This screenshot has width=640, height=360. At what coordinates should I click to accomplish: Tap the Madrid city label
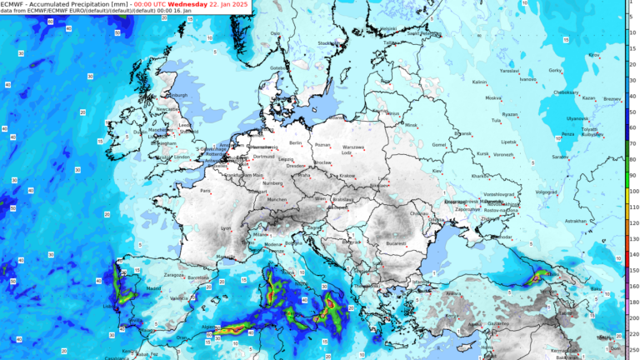click(x=130, y=288)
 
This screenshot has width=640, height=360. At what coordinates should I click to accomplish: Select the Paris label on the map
click(x=205, y=191)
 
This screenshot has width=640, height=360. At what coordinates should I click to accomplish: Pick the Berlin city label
click(x=294, y=143)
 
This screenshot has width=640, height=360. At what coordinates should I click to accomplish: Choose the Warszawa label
click(x=354, y=147)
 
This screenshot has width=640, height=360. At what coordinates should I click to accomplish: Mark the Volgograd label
click(x=546, y=192)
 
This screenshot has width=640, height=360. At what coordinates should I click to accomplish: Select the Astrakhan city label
click(x=576, y=221)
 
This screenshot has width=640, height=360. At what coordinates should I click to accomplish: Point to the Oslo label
click(x=275, y=33)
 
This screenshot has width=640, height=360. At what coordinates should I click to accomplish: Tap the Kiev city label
click(x=436, y=171)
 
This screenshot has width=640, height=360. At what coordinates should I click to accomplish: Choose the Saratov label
click(x=559, y=157)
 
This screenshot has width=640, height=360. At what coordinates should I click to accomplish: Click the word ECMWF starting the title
click(x=12, y=3)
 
